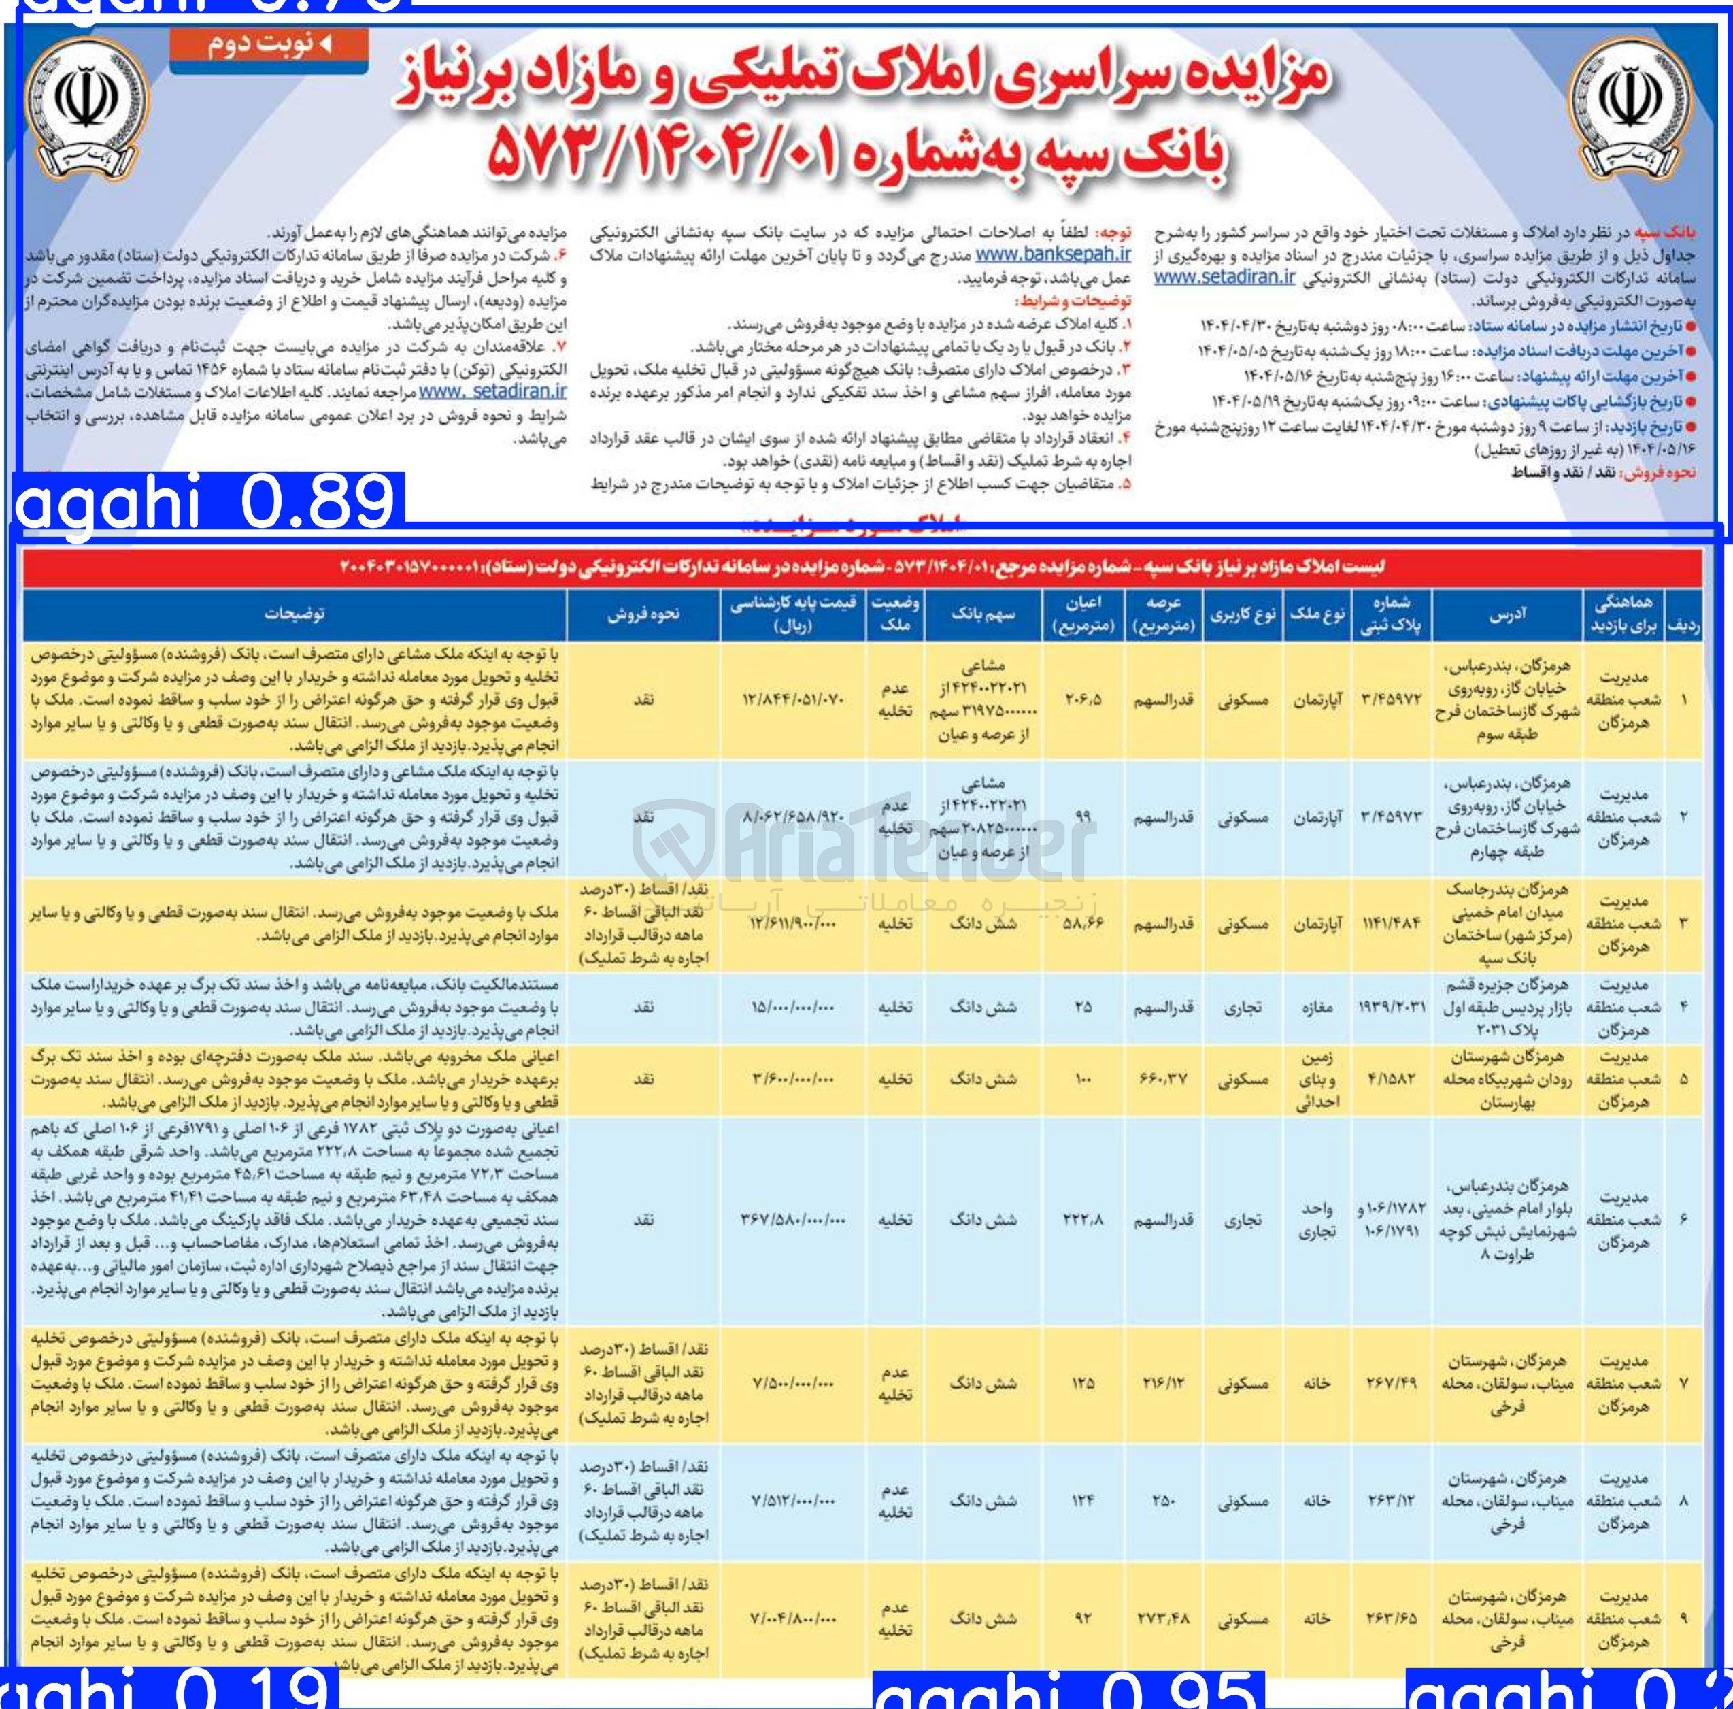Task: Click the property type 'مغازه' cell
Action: click(x=1316, y=1008)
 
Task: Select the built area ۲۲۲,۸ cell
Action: click(x=1083, y=1220)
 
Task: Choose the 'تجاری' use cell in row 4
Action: click(x=1243, y=1008)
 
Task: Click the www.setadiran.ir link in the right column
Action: click(x=1224, y=276)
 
